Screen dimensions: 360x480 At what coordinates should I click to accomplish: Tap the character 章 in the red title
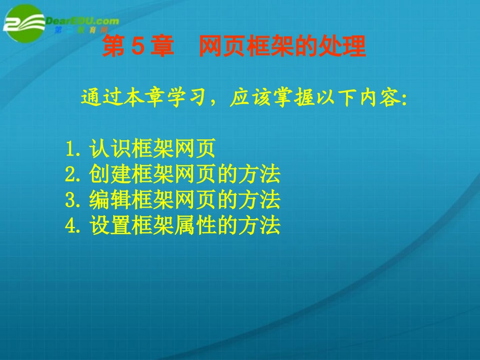pos(162,47)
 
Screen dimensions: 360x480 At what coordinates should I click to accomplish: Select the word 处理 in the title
pos(344,47)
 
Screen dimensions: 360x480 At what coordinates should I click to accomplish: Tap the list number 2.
pos(71,175)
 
